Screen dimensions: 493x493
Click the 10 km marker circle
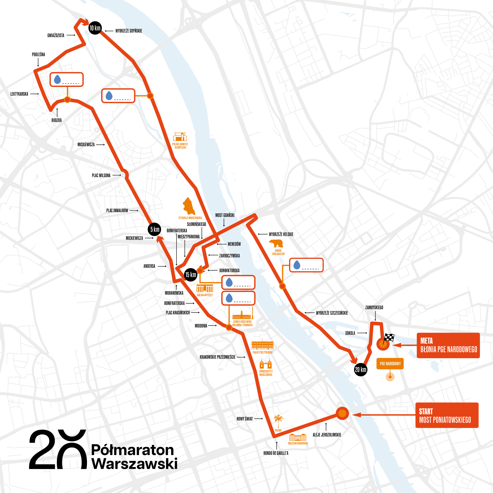coord(95,28)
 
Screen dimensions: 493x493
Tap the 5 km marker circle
coord(154,229)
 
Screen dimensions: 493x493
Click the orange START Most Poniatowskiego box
coord(447,415)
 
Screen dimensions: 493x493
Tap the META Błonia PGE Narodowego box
coord(448,345)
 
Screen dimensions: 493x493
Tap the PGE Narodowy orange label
coord(390,364)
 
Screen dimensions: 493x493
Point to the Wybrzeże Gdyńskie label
coord(129,31)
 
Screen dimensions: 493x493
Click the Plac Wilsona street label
coord(101,175)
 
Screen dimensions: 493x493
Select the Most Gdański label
coord(225,215)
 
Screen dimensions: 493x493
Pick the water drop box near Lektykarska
coord(67,80)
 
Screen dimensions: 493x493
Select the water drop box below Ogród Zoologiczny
coord(306,265)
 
